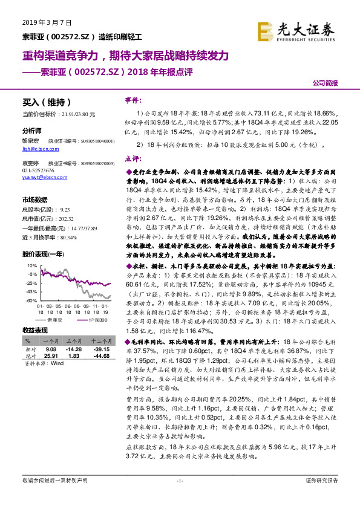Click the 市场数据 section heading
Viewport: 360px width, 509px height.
(x=34, y=199)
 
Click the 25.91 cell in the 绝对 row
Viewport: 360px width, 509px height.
(x=50, y=355)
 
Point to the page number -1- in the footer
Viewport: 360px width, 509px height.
(x=179, y=497)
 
